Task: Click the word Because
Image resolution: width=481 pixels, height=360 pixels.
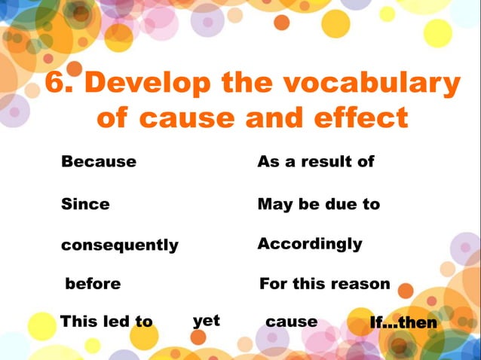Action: [x=99, y=162]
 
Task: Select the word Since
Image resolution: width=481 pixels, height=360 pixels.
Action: [x=85, y=204]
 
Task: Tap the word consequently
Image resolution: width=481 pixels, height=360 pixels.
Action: [x=120, y=246]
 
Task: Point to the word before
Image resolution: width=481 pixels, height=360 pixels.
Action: [x=93, y=284]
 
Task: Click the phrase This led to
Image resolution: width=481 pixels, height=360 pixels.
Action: [x=106, y=322]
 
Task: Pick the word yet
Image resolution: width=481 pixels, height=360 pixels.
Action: [x=206, y=321]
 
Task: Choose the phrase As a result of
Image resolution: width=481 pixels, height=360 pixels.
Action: [x=316, y=162]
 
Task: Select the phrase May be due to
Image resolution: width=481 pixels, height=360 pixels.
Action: [x=319, y=204]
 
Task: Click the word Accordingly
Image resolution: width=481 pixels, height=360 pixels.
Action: [x=310, y=244]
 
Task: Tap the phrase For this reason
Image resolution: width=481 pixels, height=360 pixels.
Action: [x=325, y=284]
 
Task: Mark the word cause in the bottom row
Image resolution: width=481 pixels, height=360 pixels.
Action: [x=292, y=322]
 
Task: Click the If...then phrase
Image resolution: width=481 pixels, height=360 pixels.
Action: [x=403, y=323]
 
